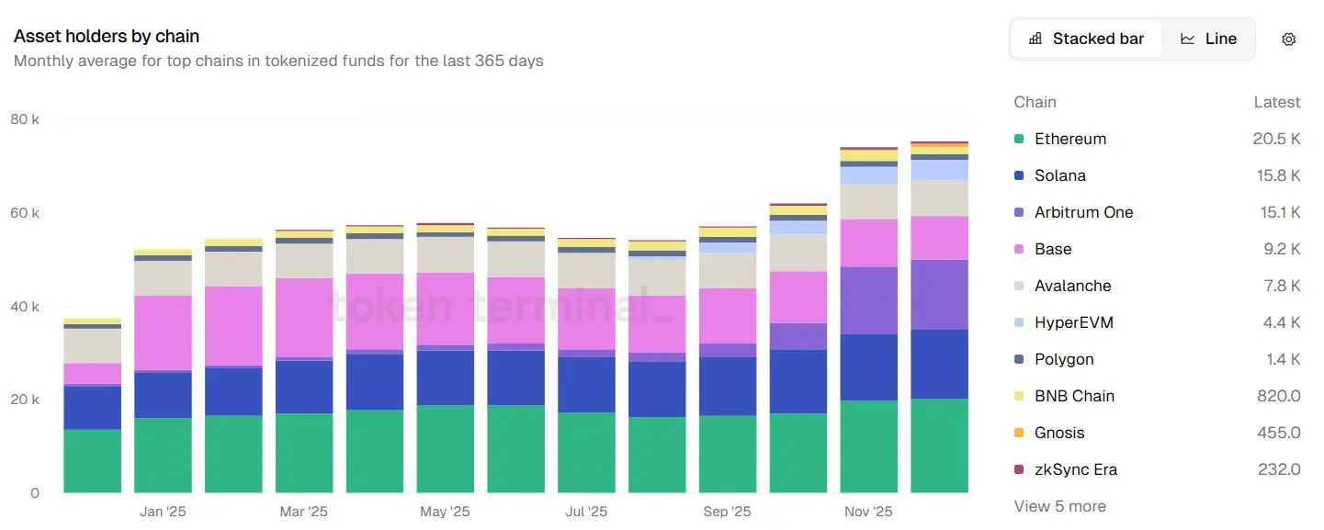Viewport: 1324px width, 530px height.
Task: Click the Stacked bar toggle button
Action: pos(1087,39)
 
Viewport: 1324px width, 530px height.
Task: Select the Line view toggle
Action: pos(1208,39)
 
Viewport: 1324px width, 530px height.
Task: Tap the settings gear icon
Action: pos(1288,39)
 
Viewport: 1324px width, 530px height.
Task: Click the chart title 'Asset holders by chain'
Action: pos(107,37)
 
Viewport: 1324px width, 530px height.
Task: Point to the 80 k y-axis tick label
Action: pos(25,119)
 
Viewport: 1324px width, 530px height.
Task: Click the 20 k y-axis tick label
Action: pos(25,400)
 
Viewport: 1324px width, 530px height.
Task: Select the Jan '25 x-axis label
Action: pos(163,512)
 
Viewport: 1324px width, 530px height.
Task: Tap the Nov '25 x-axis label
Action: pos(868,512)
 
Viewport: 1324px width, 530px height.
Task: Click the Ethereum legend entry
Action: pos(1069,139)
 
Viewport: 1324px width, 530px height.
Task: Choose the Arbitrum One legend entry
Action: pos(1083,212)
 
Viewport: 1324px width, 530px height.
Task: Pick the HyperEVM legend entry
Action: pos(1073,322)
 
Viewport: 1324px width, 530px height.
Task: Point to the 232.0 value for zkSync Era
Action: pos(1279,469)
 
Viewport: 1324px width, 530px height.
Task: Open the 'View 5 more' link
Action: pos(1059,506)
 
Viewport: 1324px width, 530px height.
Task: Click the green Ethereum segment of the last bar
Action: pos(939,445)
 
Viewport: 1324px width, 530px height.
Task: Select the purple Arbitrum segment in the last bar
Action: pos(939,295)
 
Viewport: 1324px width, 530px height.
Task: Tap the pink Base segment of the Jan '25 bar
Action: pos(163,333)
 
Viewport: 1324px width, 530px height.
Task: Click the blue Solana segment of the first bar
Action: pos(92,407)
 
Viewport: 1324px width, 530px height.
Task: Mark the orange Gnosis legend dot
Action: pos(1019,433)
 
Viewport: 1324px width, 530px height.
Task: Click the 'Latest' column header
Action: pos(1276,102)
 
